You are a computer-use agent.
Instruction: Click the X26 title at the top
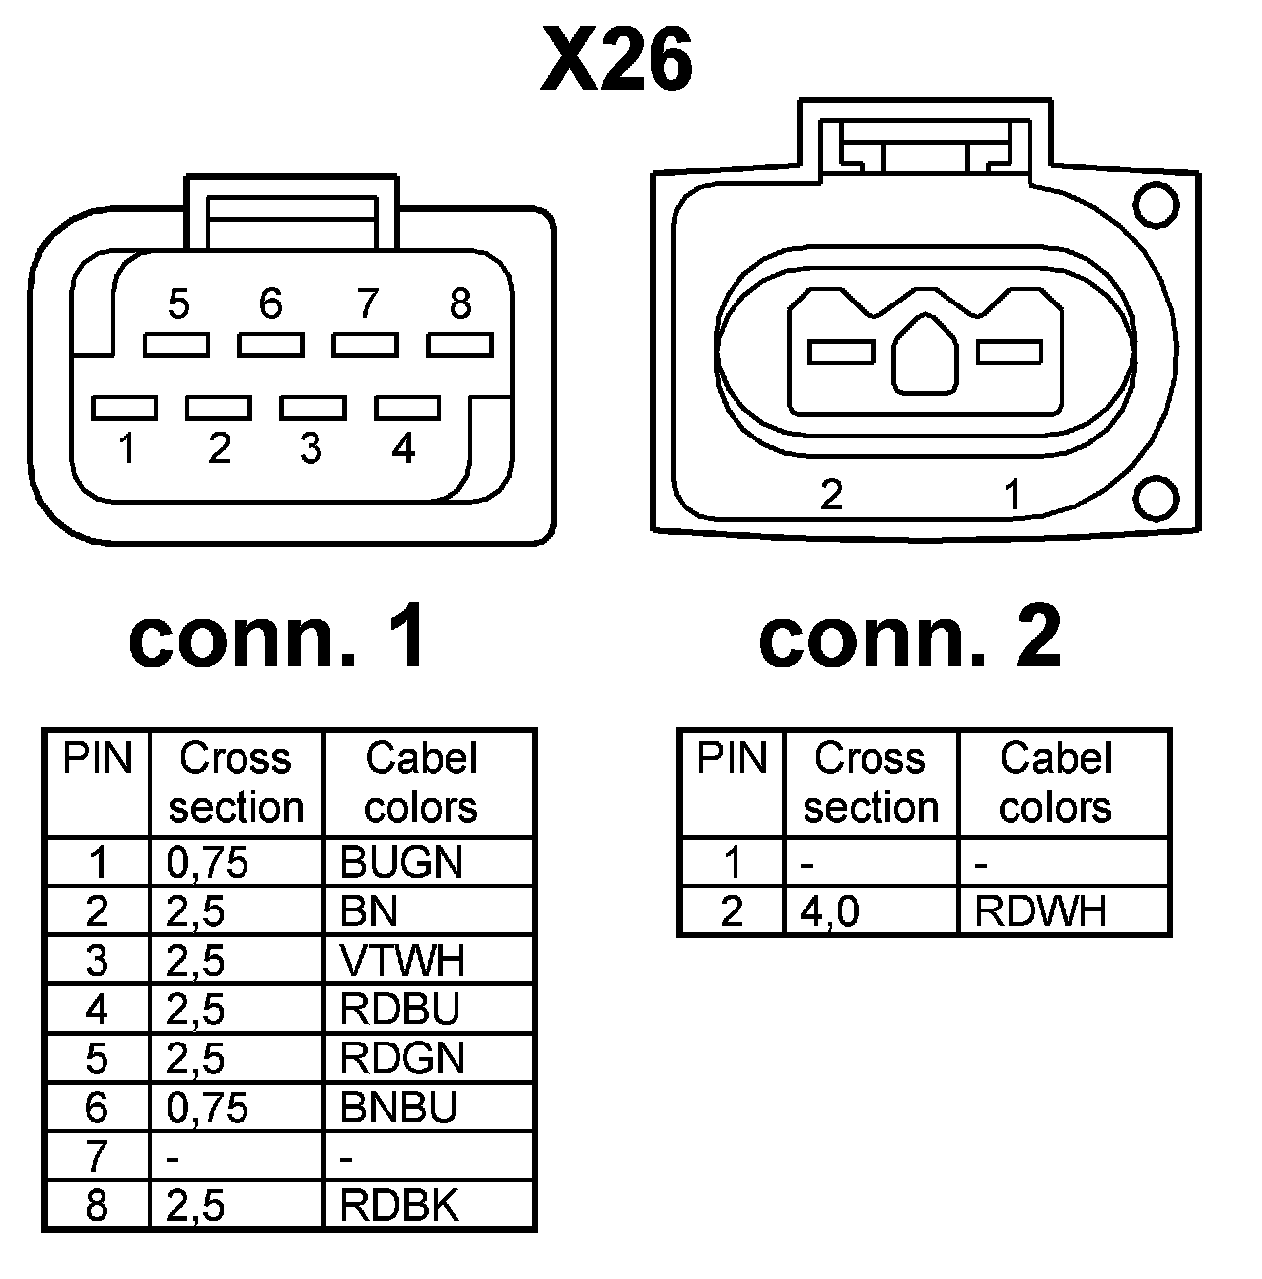click(617, 61)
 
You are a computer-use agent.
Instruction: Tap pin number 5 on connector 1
click(178, 304)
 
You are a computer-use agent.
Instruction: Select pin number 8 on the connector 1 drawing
click(460, 304)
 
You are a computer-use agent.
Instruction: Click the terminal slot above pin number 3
click(313, 407)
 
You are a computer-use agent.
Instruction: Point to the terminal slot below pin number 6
click(270, 345)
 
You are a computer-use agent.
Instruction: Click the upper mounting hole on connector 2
click(1155, 206)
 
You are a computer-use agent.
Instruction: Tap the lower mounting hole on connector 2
click(1155, 498)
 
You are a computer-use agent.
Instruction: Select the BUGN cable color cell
click(401, 862)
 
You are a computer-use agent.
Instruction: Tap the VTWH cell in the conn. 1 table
click(401, 960)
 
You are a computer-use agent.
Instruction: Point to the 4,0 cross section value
click(829, 911)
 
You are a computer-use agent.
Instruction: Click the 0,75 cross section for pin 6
click(207, 1108)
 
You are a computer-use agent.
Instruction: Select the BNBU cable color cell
click(399, 1108)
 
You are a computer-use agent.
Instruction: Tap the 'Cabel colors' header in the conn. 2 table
click(1055, 783)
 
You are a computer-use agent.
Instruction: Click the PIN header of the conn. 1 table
click(97, 759)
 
